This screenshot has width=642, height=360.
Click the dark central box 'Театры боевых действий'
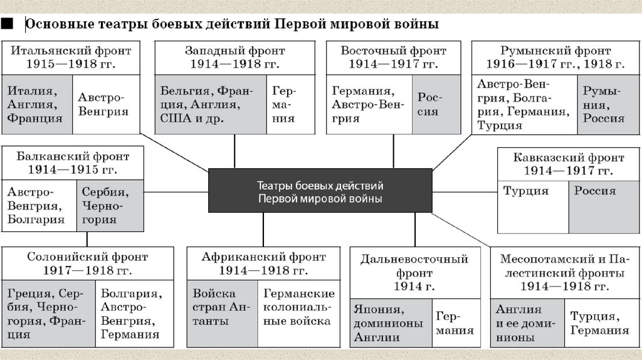[320, 191]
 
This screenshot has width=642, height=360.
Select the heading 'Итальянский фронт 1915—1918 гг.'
[71, 57]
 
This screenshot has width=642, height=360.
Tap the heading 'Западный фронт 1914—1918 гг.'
[234, 57]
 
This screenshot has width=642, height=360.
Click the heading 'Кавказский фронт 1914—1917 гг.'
[569, 163]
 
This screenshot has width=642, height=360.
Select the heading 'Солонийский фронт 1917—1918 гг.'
[87, 263]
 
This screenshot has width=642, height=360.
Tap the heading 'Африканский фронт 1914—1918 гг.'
[263, 263]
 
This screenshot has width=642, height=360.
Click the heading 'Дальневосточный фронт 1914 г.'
[414, 273]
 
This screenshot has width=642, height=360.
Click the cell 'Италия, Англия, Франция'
[36, 105]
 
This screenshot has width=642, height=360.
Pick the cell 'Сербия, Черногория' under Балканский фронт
[103, 206]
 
